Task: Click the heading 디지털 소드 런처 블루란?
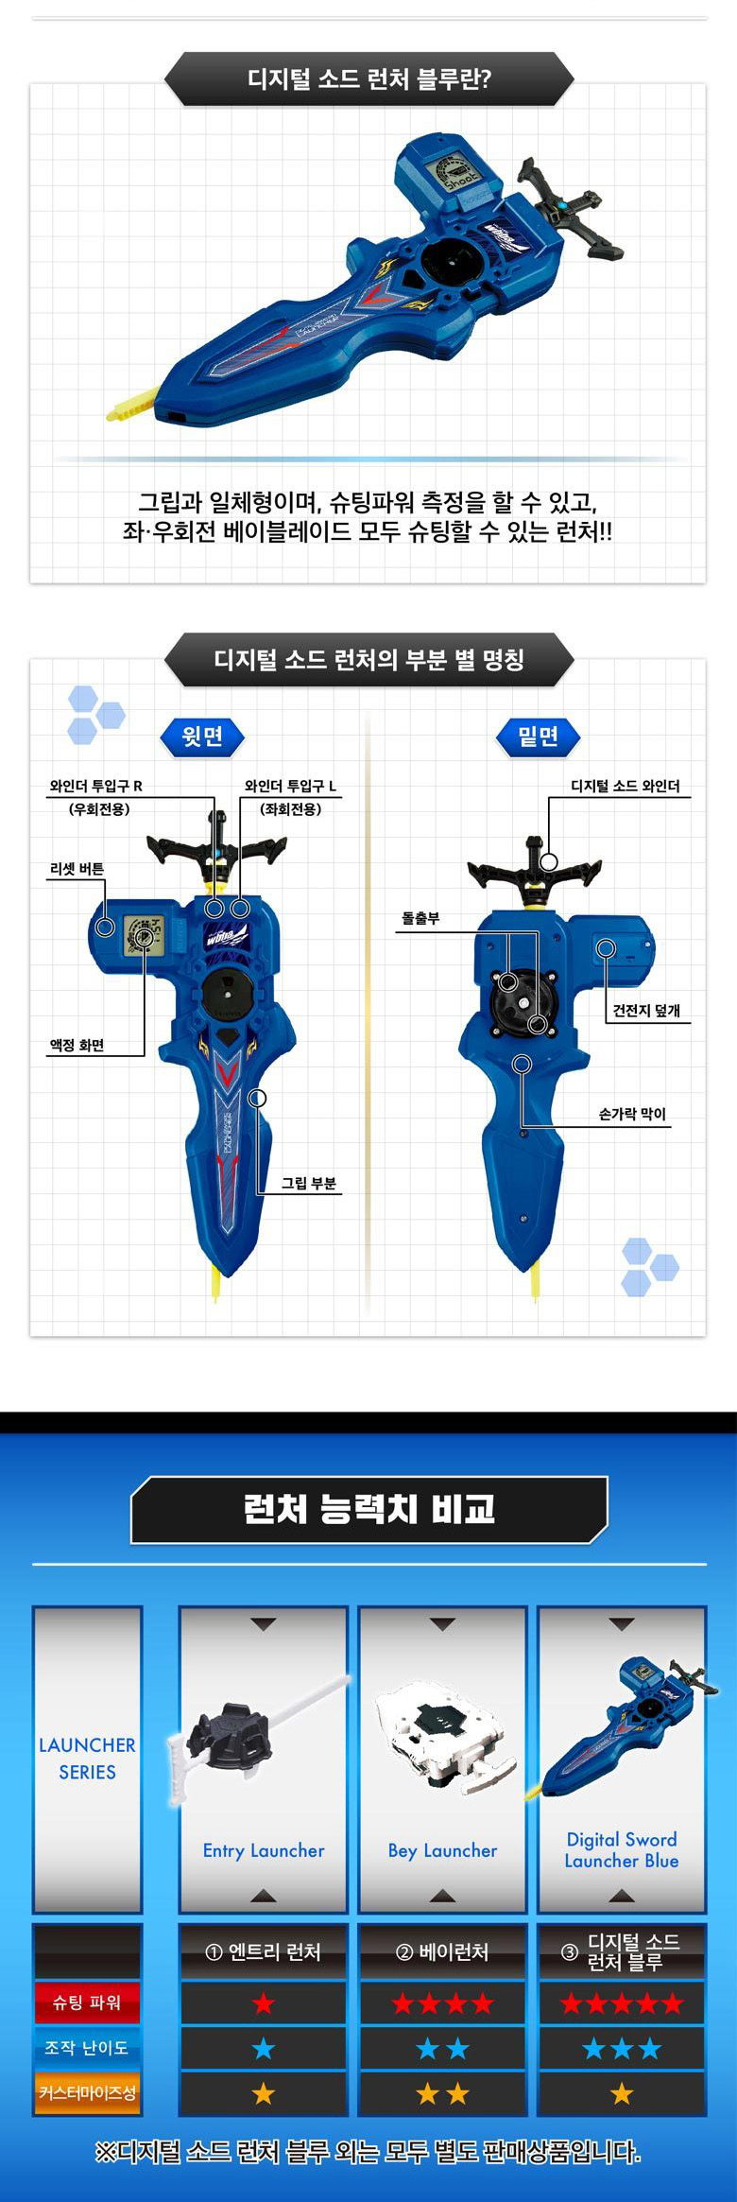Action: point(369,78)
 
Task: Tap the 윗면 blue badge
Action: point(202,736)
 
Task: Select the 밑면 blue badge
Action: point(538,736)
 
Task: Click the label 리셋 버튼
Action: point(77,869)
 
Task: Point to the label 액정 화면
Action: point(77,1045)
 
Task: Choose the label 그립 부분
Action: point(309,1183)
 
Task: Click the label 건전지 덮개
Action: point(646,1010)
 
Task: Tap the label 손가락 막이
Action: point(632,1114)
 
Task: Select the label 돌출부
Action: point(420,918)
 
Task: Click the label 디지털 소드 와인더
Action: point(626,786)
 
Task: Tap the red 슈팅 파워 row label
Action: point(87,2003)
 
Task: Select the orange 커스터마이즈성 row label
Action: point(87,2093)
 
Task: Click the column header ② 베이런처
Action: point(442,1951)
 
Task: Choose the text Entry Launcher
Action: point(264,1850)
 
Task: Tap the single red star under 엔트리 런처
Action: point(264,2003)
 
